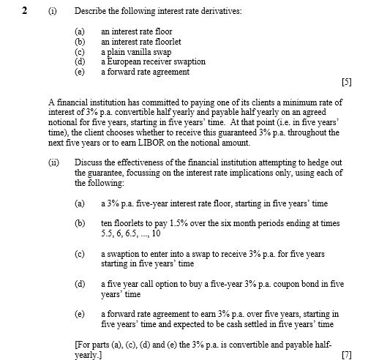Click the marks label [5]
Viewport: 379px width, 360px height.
[x=346, y=83]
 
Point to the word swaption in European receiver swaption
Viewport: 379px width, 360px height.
[x=187, y=62]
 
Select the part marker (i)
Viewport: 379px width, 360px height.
[x=54, y=10]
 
